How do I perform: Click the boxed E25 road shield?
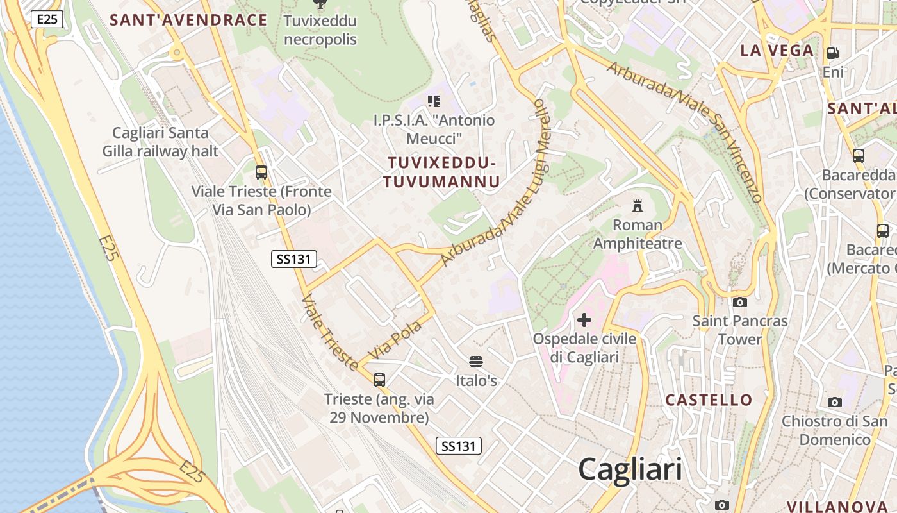tap(47, 19)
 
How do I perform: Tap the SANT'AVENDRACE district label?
tap(188, 20)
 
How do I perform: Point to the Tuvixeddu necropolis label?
tap(320, 30)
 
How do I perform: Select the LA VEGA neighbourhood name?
tap(777, 51)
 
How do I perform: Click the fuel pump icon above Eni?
tap(833, 53)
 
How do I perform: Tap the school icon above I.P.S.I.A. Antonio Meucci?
tap(434, 101)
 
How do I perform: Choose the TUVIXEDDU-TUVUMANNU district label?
tap(441, 172)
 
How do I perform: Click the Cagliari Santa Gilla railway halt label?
tap(160, 142)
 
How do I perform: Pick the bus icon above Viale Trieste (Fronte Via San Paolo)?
tap(261, 172)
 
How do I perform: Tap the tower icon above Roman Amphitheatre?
tap(638, 206)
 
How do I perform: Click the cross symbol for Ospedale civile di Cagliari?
tap(584, 319)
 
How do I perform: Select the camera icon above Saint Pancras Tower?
tap(740, 302)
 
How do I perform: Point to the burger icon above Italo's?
tap(476, 362)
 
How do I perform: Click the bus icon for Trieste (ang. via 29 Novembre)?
tap(379, 380)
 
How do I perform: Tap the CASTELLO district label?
tap(709, 400)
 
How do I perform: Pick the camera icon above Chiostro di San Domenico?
tap(835, 402)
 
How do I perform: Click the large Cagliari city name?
tap(630, 469)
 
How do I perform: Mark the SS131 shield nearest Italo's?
tap(459, 446)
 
